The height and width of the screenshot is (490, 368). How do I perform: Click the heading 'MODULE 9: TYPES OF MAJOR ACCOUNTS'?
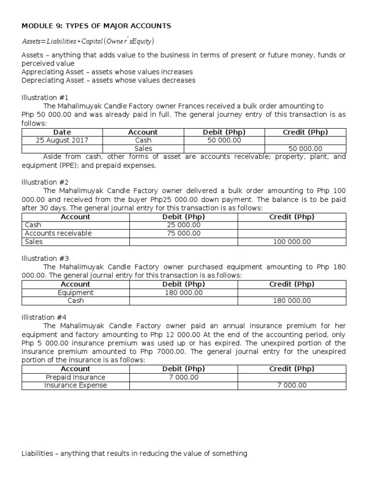(x=96, y=25)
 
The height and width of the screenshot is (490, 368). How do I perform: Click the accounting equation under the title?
(x=88, y=41)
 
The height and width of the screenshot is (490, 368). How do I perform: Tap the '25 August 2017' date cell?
(x=62, y=140)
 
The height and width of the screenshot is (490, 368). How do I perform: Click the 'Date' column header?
(x=62, y=132)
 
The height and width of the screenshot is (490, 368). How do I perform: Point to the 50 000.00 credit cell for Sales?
(x=305, y=149)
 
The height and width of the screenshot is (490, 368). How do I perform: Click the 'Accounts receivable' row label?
(x=58, y=233)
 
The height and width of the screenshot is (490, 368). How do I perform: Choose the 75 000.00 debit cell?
(x=184, y=233)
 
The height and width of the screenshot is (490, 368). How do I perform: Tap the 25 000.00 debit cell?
(x=184, y=225)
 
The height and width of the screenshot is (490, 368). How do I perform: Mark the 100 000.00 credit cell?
(x=292, y=242)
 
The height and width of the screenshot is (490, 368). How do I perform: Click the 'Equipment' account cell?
(x=76, y=292)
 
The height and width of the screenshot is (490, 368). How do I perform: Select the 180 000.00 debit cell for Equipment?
(x=184, y=292)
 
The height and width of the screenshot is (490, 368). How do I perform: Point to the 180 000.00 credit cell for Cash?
(x=292, y=301)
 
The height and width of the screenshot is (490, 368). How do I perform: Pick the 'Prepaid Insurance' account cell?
(x=76, y=377)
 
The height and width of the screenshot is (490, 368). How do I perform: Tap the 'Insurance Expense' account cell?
(x=76, y=385)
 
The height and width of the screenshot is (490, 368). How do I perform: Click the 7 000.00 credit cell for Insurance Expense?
(x=292, y=385)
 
